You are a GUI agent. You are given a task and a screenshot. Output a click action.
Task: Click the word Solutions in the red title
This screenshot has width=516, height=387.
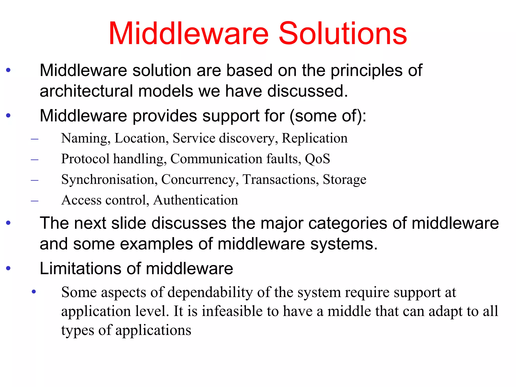point(343,34)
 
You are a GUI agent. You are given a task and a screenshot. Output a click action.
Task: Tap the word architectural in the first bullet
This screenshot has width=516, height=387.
point(86,91)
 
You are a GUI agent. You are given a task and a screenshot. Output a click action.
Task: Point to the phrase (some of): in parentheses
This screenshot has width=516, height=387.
point(328,116)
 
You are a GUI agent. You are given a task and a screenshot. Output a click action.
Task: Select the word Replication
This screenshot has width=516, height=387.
point(314,138)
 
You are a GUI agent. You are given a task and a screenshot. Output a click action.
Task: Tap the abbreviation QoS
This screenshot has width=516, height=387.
point(317,159)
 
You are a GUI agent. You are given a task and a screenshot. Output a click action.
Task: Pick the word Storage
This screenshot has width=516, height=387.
point(344,180)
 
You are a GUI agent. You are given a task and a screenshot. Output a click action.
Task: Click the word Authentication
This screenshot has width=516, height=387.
point(196,200)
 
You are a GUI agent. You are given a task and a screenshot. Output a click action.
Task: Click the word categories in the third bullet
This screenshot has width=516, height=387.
point(348,224)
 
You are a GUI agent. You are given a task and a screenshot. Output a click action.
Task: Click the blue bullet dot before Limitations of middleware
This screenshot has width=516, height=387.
point(8,268)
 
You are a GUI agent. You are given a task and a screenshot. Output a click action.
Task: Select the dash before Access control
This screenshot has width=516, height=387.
point(35,201)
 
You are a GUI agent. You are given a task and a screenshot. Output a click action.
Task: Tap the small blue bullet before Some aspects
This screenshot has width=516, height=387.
point(34,292)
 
